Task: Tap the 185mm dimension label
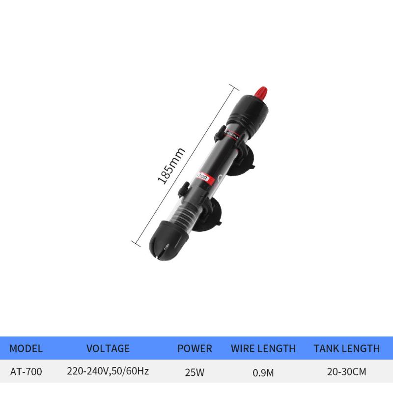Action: pos(165,166)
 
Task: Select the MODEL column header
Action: pos(26,348)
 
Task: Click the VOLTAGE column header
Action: pos(108,348)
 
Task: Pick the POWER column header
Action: pos(195,348)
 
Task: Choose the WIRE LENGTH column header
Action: pos(263,348)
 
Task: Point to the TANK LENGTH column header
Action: pos(346,348)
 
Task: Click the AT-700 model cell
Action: pos(26,372)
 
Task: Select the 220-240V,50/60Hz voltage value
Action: pos(108,372)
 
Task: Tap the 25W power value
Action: pos(195,372)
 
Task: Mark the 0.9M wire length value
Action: pos(263,372)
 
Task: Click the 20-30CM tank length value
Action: pos(346,372)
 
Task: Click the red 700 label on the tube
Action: pos(202,175)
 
